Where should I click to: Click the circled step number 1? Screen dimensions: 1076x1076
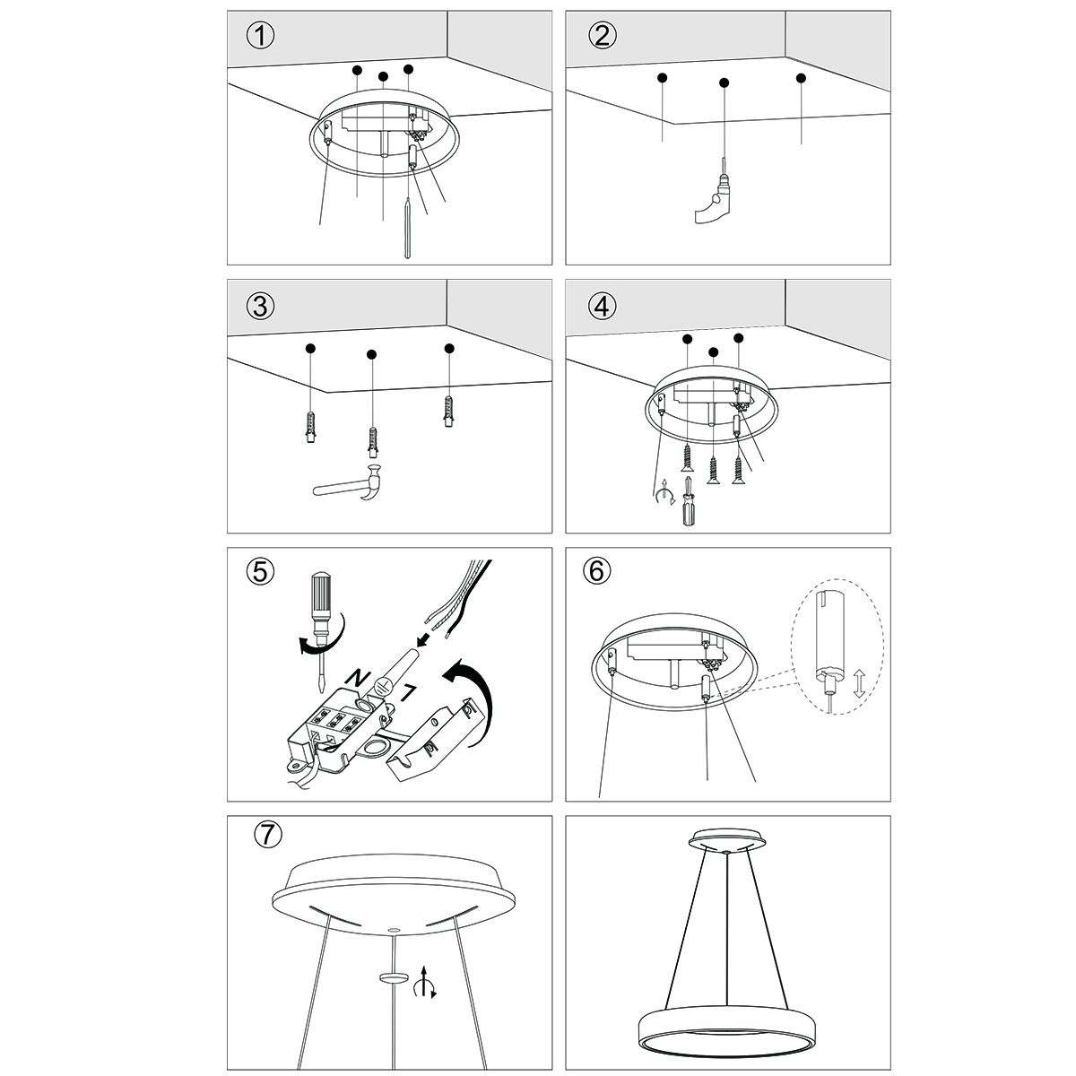259,37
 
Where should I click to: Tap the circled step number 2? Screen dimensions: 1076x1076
602,36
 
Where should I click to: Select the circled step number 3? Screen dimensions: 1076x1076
260,306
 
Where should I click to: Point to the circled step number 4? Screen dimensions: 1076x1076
602,306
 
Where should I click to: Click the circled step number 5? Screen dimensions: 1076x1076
259,571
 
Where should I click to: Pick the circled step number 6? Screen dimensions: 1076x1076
597,571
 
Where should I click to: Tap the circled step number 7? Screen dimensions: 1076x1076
266,834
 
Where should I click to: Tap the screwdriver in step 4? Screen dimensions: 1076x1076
688,505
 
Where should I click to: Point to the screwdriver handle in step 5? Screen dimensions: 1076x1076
321,599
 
